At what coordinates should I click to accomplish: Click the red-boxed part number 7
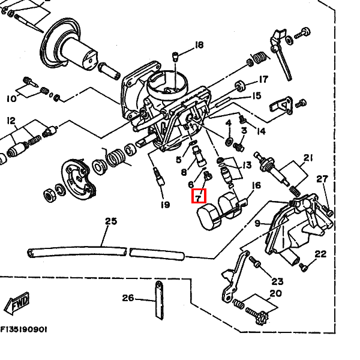[199, 196]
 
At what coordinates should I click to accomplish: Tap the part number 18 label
[199, 45]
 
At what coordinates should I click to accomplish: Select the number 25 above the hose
[111, 221]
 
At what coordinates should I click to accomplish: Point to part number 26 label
[128, 298]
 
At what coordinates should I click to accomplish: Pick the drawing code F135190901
[24, 330]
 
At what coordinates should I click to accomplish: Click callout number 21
[308, 158]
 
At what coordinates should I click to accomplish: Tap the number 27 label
[322, 179]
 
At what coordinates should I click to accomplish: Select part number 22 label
[320, 254]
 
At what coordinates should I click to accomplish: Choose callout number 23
[277, 281]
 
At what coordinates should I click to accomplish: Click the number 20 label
[275, 293]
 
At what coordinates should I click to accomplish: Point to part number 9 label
[258, 223]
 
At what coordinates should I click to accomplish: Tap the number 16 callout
[257, 186]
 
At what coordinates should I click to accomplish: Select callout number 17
[263, 80]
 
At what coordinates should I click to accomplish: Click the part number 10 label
[11, 98]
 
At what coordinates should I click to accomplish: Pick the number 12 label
[10, 121]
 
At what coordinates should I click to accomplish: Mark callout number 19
[165, 205]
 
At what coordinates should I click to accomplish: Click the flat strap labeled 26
[159, 299]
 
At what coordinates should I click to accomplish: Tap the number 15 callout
[256, 95]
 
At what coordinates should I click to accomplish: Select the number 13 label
[246, 164]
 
